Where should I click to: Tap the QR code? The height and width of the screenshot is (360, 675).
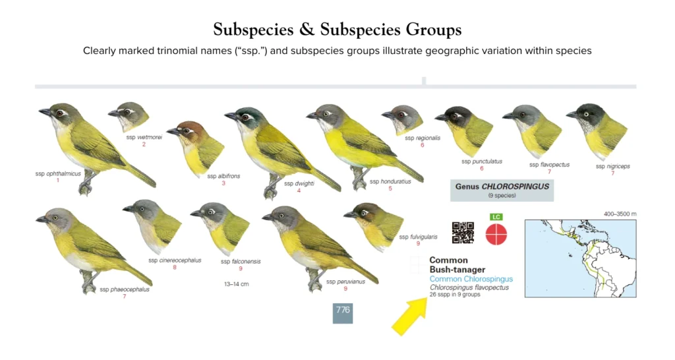click(463, 233)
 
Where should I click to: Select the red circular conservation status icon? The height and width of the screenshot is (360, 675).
click(496, 234)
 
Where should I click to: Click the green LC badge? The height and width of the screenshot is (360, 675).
click(496, 217)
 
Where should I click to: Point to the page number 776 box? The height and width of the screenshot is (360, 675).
click(343, 311)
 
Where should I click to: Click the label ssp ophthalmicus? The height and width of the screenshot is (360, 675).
click(58, 173)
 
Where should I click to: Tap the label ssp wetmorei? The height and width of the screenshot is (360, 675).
click(144, 137)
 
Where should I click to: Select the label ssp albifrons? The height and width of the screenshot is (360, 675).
click(224, 176)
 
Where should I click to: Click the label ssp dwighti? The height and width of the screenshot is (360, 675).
click(299, 183)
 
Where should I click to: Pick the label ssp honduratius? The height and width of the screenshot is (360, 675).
click(390, 181)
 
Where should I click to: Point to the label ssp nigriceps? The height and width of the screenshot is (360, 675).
click(612, 166)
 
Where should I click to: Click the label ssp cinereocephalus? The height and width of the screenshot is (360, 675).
click(175, 260)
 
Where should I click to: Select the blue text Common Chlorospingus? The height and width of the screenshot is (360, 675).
click(471, 279)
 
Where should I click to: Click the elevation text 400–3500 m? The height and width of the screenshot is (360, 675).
click(620, 214)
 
